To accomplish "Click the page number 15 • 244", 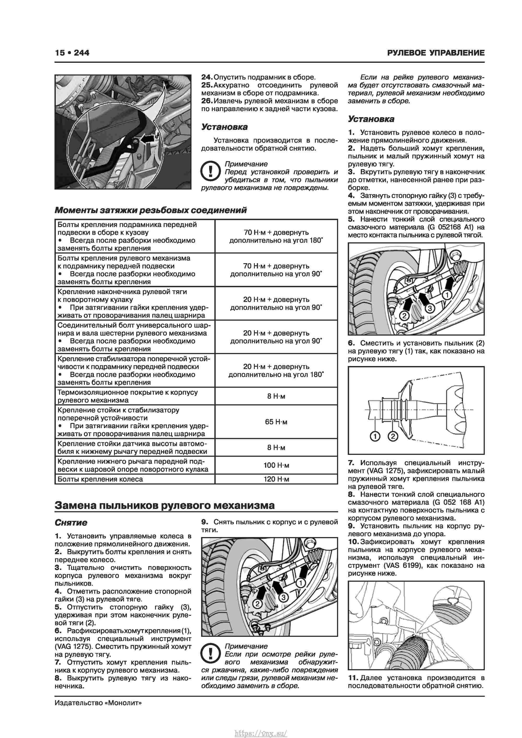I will pyautogui.click(x=72, y=53).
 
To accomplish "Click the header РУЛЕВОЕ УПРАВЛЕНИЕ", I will pyautogui.click(x=436, y=53).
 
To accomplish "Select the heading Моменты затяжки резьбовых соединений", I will pyautogui.click(x=150, y=210).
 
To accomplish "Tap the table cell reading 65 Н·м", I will pyautogui.click(x=276, y=422).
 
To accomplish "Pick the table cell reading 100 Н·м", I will pyautogui.click(x=276, y=465).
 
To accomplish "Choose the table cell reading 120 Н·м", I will pyautogui.click(x=276, y=479).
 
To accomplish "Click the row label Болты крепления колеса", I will pyautogui.click(x=100, y=479).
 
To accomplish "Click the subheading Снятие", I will pyautogui.click(x=71, y=523).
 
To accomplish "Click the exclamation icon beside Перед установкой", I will pyautogui.click(x=210, y=171).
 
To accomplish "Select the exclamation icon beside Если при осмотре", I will pyautogui.click(x=210, y=653).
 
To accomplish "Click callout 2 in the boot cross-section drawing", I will pyautogui.click(x=393, y=436).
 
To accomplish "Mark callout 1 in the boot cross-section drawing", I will pyautogui.click(x=375, y=436).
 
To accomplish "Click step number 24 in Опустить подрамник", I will pyautogui.click(x=206, y=77).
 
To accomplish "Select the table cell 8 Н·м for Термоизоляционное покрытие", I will pyautogui.click(x=276, y=396).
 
